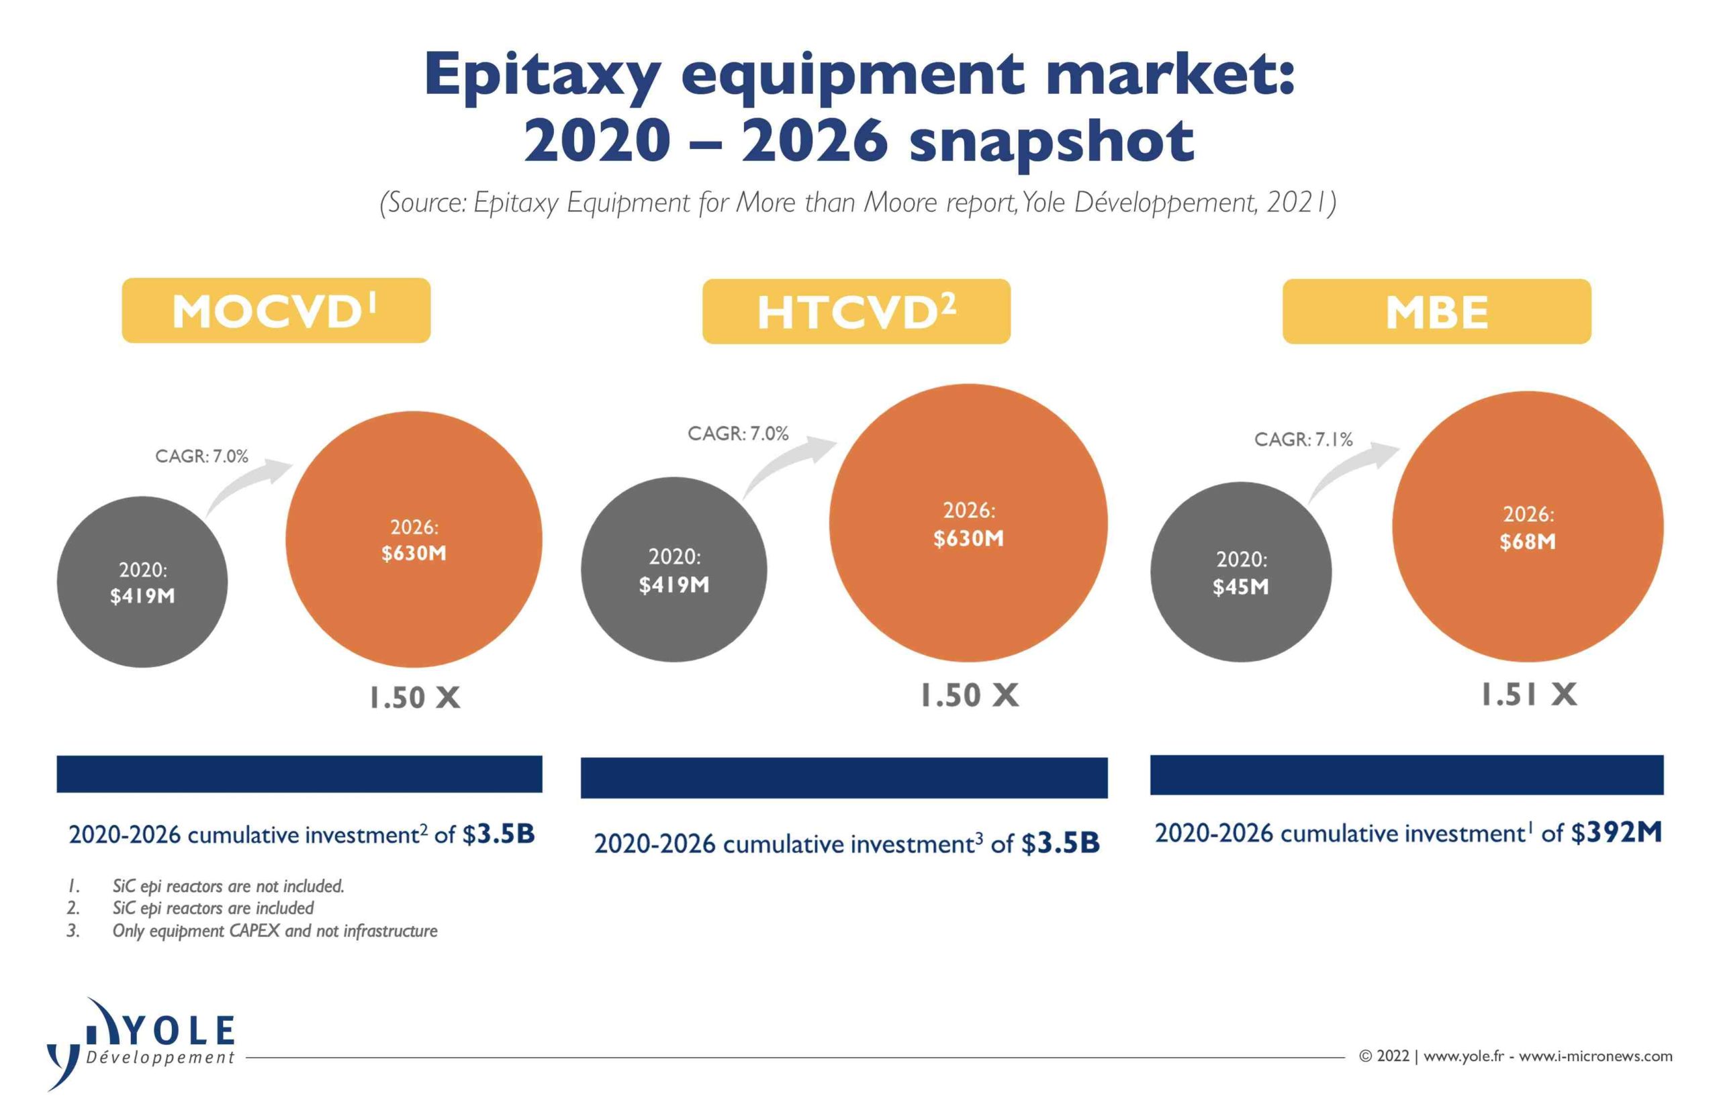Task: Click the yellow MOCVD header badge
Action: click(x=275, y=311)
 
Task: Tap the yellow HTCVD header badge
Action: click(x=856, y=311)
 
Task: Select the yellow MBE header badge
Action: click(x=1436, y=311)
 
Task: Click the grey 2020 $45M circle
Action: click(x=1240, y=572)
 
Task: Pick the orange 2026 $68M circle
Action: click(x=1526, y=527)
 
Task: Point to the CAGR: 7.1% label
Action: click(x=1303, y=440)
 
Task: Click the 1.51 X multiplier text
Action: click(x=1528, y=695)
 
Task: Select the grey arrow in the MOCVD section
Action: click(x=248, y=487)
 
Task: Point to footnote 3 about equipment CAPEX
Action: click(x=274, y=931)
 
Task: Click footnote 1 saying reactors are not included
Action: click(x=228, y=886)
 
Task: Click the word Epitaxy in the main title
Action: click(x=541, y=74)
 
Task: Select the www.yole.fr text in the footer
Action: click(x=1463, y=1056)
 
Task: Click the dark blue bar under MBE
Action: click(x=1406, y=775)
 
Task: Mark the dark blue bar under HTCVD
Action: click(x=843, y=778)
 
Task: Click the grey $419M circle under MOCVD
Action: click(x=142, y=582)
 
